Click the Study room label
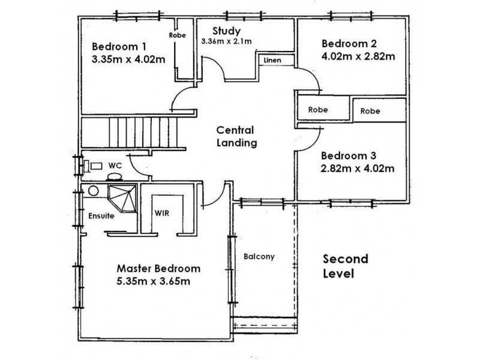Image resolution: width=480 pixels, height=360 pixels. point(227,31)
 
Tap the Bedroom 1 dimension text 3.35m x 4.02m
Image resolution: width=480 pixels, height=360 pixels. point(128,59)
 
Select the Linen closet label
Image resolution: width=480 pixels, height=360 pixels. point(272,60)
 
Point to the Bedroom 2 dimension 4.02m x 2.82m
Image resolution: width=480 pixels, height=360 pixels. point(358,56)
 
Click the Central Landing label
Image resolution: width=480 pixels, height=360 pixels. point(236,137)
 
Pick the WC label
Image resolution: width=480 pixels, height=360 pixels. point(115,166)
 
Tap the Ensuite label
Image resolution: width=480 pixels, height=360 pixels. point(101,216)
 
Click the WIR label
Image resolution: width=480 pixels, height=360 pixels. point(161,213)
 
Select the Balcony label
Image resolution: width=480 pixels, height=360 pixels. point(259,257)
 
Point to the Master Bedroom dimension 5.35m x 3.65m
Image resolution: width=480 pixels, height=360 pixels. point(153,281)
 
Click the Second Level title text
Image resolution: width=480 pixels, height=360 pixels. point(346,266)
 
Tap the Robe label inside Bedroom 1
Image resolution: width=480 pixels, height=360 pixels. point(177,35)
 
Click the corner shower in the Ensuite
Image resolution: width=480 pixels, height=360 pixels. point(122,198)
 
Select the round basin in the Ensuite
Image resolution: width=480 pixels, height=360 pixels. point(94,191)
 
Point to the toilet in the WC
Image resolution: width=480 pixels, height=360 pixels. point(115,176)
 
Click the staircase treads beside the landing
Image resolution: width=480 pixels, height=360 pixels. point(143,133)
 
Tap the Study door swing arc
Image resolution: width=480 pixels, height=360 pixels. point(218,64)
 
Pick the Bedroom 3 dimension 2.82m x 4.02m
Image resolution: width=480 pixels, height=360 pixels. point(357,169)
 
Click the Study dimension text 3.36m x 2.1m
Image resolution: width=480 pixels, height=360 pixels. point(226,41)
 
